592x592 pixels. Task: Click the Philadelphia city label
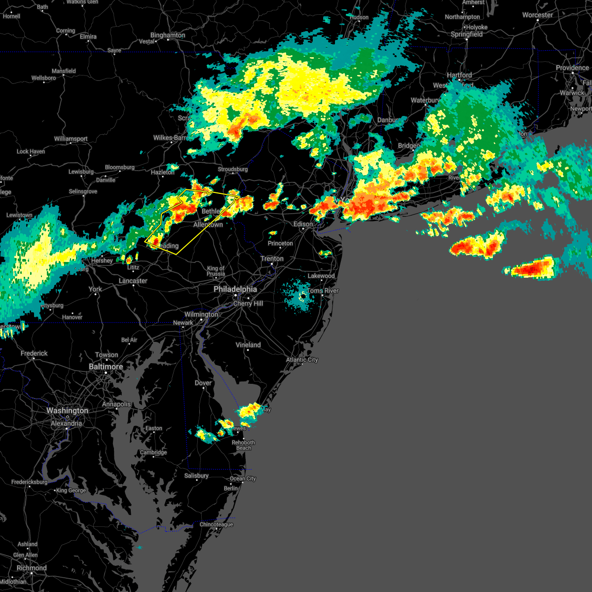[235, 289]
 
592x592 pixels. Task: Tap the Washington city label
[67, 410]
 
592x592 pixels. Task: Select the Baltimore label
[106, 367]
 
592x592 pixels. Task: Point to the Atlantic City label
[302, 360]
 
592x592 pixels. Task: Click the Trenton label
[272, 259]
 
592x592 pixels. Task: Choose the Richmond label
[31, 568]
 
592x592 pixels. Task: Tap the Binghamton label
[168, 36]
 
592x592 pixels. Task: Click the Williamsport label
[71, 139]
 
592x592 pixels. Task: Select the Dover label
[203, 383]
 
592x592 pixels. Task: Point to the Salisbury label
[196, 476]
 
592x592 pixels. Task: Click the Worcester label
[537, 15]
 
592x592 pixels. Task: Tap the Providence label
[572, 68]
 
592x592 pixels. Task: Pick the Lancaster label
[133, 281]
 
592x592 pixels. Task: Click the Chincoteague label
[216, 524]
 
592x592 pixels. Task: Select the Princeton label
[280, 243]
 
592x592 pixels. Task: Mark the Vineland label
[248, 345]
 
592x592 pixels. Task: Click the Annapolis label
[116, 404]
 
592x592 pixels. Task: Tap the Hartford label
[459, 75]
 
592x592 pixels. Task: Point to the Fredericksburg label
[30, 482]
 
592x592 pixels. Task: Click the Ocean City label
[243, 479]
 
